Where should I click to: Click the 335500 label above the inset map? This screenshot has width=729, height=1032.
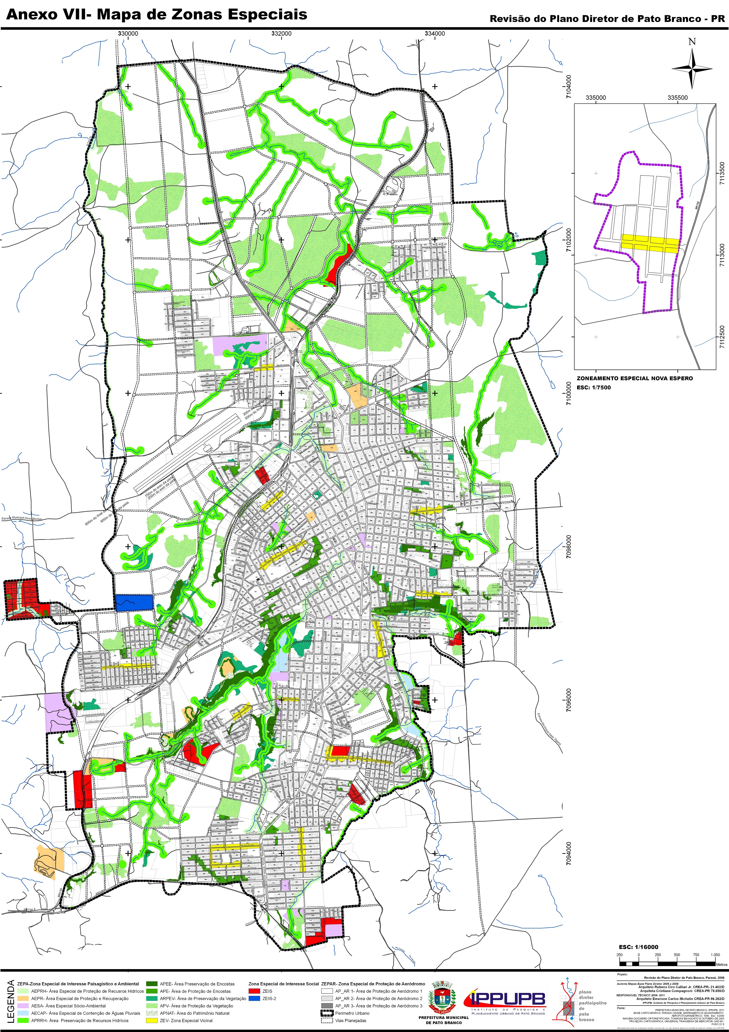point(677,98)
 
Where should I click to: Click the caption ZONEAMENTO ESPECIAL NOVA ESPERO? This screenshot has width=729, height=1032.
point(635,378)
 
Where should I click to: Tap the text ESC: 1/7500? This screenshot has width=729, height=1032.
point(594,387)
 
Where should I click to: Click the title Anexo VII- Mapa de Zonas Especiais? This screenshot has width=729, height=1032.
point(156,14)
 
